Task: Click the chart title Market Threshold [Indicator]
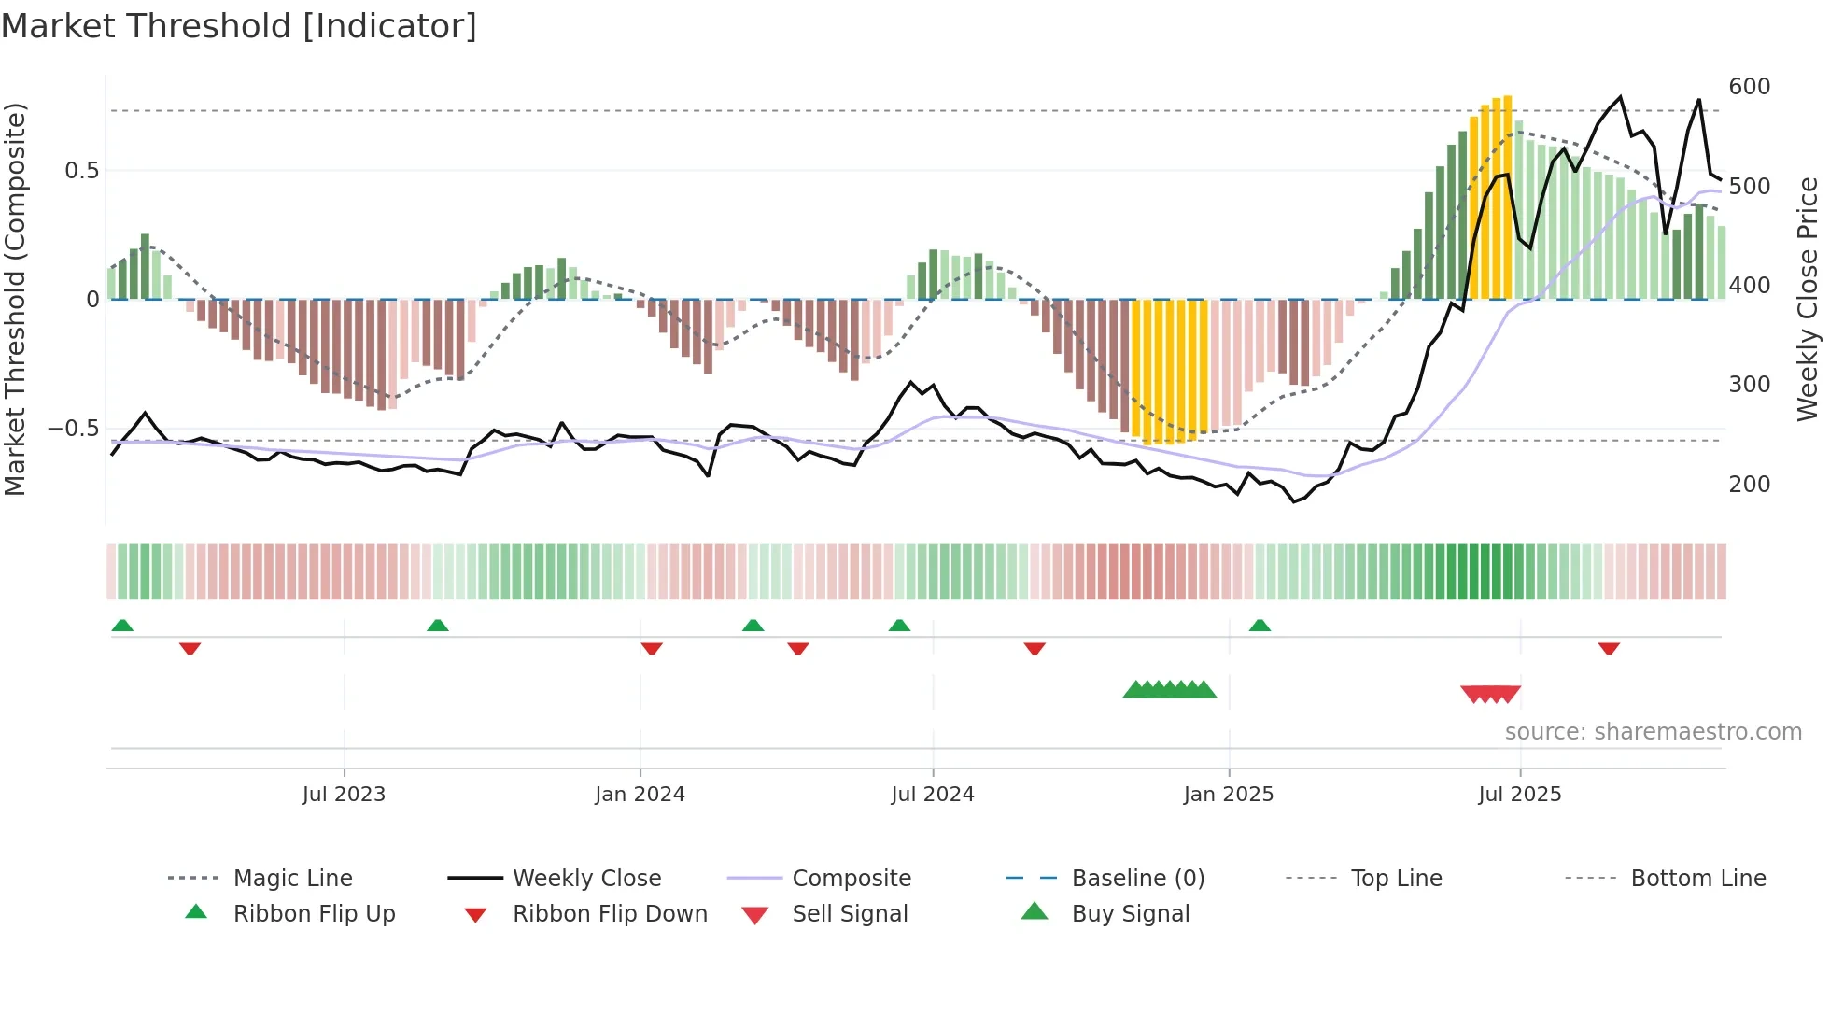click(239, 26)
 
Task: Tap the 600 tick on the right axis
click(1749, 87)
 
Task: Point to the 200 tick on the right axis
click(1749, 484)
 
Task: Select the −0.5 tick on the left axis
click(73, 429)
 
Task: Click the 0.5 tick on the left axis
click(81, 170)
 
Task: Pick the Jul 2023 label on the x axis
click(344, 795)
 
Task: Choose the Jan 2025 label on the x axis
click(1228, 795)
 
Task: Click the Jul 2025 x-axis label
click(1519, 795)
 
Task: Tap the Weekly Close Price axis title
click(1808, 299)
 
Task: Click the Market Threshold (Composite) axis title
click(15, 299)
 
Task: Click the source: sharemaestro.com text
click(1653, 732)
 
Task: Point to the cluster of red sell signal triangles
click(1490, 694)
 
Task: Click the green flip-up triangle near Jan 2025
click(1260, 625)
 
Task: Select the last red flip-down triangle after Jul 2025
click(1608, 648)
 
